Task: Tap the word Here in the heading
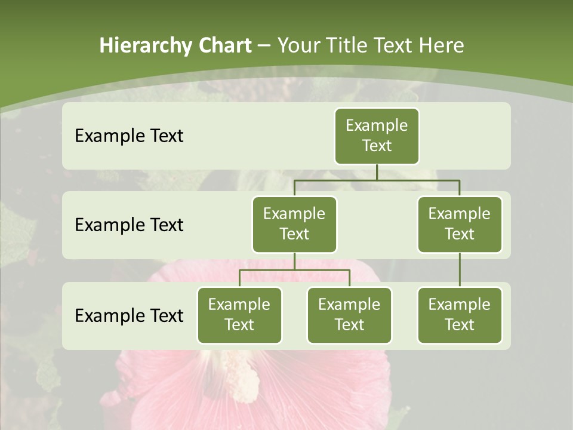point(442,45)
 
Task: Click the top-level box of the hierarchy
point(377,136)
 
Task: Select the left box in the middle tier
point(294,224)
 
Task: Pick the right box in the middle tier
point(460,224)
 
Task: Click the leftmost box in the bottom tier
point(239,315)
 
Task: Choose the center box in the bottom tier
point(349,315)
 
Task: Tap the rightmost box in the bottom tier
point(460,315)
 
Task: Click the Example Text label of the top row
point(129,136)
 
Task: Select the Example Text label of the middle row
point(129,225)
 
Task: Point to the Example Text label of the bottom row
point(129,315)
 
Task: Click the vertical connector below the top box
point(377,172)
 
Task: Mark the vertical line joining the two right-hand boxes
point(460,270)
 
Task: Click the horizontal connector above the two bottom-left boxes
point(294,270)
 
